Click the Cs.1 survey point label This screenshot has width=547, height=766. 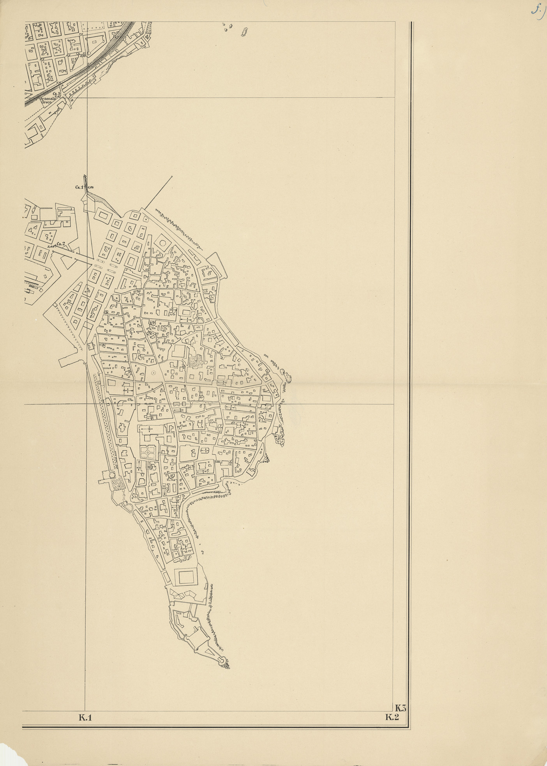coord(79,187)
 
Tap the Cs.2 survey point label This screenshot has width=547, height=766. coord(60,244)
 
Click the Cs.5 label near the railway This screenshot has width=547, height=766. coord(57,94)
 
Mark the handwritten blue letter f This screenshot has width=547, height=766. coord(538,11)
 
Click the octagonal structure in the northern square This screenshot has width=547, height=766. coord(162,243)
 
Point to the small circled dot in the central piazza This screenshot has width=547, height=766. coord(153,372)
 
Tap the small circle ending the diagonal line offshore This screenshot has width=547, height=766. coord(172,177)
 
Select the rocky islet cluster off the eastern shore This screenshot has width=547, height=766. coord(287,376)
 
